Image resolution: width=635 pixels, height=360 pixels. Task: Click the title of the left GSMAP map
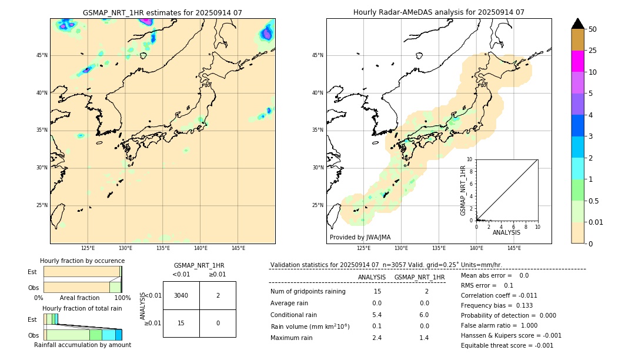[162, 12]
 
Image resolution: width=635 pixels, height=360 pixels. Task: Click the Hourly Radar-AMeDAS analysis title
[439, 12]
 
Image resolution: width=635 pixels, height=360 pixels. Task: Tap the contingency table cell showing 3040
[181, 295]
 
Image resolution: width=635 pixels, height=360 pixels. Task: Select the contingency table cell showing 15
[181, 323]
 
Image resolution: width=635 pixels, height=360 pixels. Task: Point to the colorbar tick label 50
[593, 29]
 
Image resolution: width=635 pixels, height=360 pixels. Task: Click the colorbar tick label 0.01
[596, 222]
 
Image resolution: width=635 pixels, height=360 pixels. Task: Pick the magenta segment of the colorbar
[577, 61]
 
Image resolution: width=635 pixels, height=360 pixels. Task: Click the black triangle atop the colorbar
[577, 24]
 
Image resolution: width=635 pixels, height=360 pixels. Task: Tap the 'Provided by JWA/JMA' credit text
[360, 237]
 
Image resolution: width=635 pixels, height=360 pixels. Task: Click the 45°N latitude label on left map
[42, 55]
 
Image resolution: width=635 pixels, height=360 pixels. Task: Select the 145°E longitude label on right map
[514, 248]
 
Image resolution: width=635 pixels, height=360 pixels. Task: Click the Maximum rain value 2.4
[377, 338]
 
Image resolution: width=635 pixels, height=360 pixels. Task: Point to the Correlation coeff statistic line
[499, 295]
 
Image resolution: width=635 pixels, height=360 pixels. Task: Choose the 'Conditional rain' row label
[294, 314]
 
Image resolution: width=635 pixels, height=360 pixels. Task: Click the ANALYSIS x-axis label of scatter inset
[506, 233]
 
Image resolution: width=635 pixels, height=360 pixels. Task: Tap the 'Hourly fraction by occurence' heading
[82, 261]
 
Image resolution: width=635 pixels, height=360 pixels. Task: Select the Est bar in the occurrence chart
[82, 272]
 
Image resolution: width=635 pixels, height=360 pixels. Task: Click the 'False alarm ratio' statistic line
[499, 325]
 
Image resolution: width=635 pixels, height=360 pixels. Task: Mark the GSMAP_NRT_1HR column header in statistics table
[419, 277]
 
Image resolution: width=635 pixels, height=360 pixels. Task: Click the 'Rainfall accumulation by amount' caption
[82, 345]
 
